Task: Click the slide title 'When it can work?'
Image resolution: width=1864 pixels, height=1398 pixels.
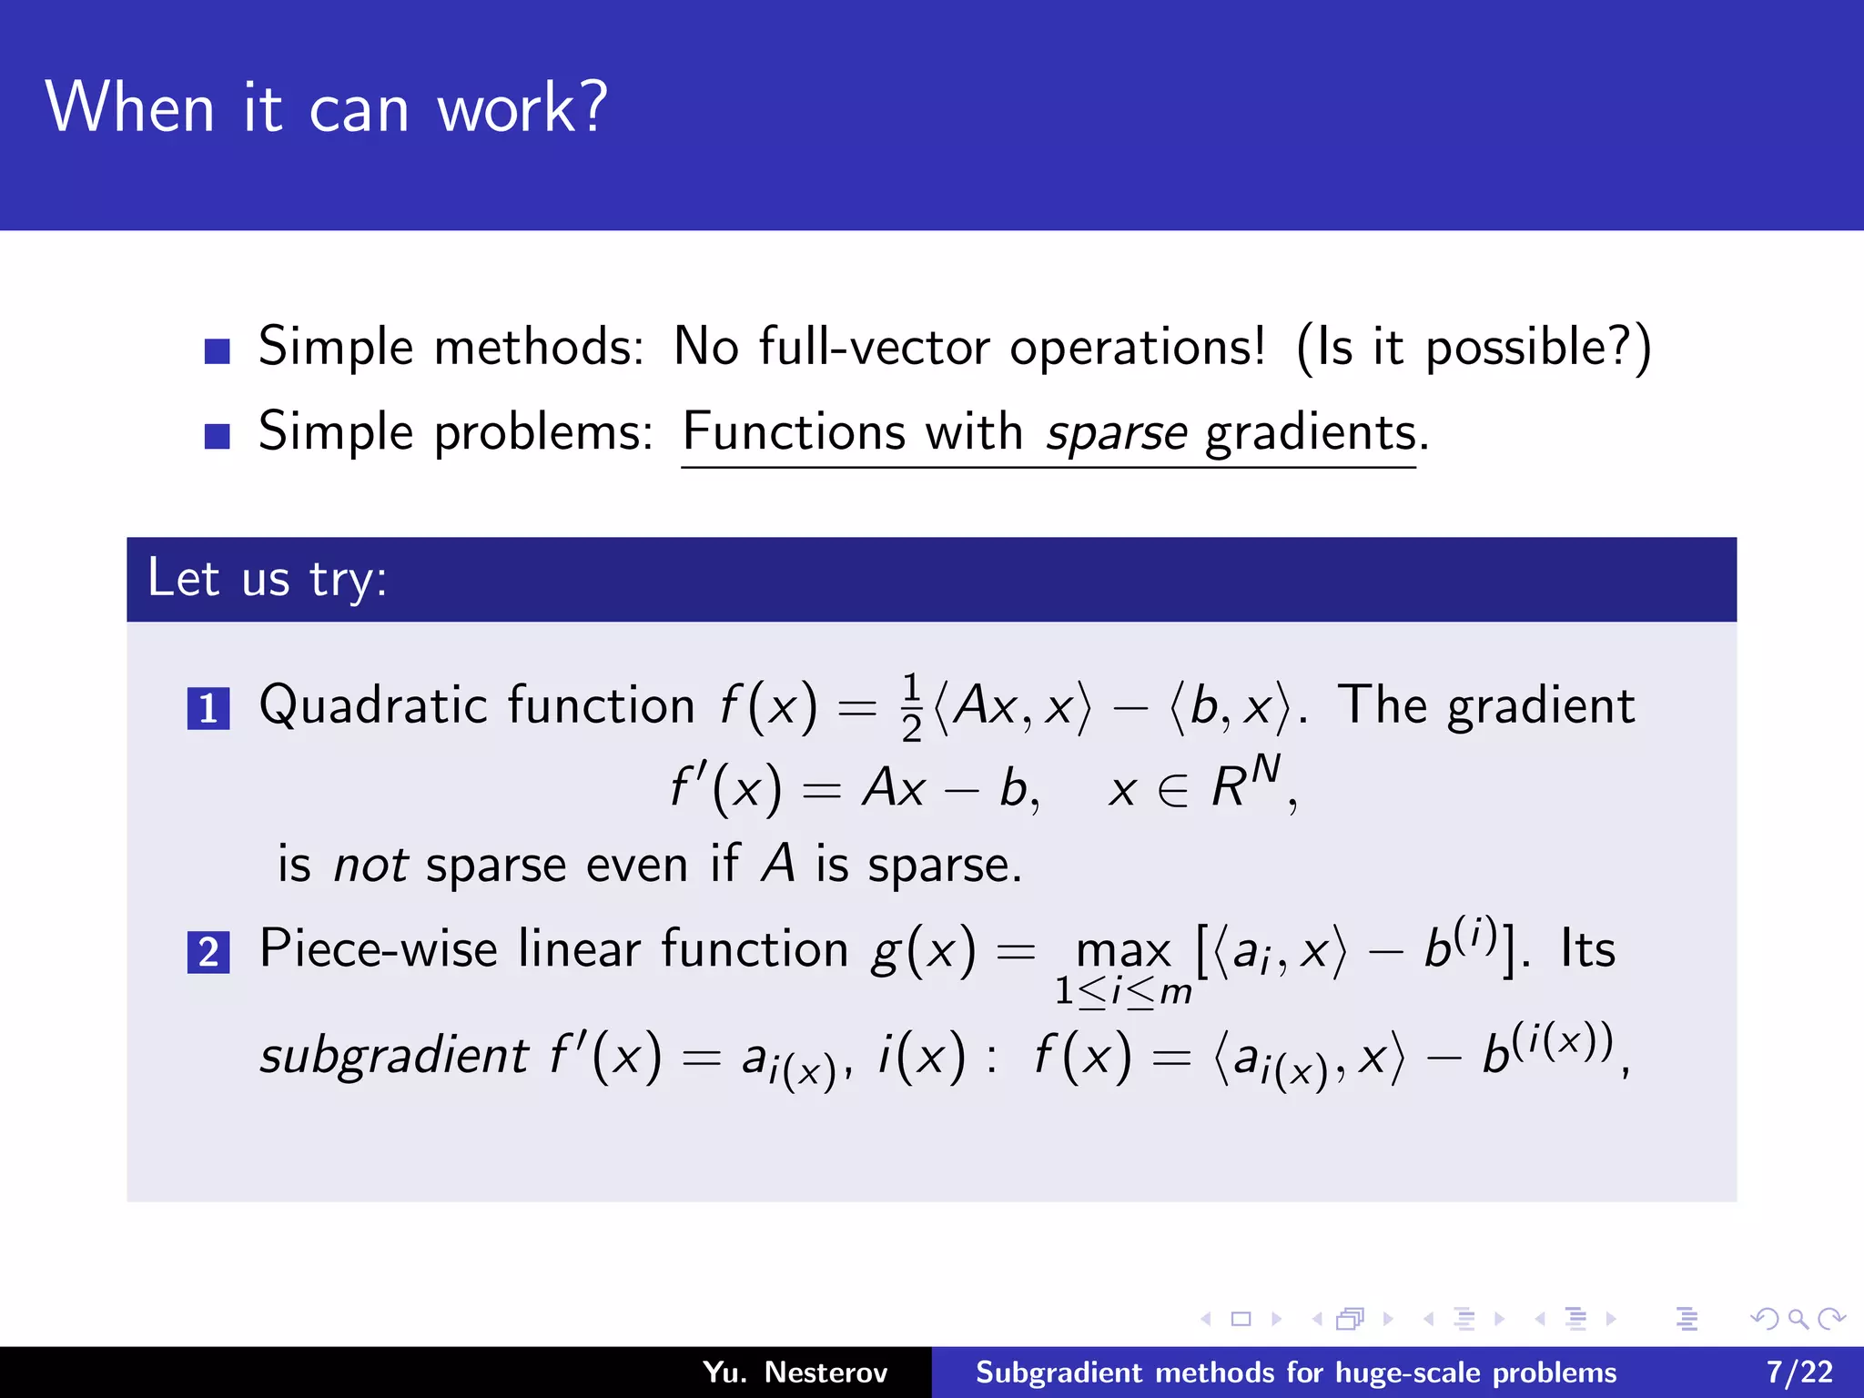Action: tap(326, 108)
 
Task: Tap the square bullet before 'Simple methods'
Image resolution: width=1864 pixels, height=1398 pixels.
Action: tap(217, 350)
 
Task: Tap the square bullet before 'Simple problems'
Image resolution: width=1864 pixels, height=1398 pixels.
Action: tap(217, 436)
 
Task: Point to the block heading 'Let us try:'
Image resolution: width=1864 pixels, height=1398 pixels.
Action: tap(268, 579)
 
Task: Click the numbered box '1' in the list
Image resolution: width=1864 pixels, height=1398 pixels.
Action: tap(208, 709)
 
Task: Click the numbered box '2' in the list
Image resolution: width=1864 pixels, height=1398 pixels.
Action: tap(208, 952)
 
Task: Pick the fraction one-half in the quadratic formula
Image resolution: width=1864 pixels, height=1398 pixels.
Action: tap(911, 708)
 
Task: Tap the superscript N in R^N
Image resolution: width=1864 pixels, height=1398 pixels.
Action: tap(1264, 771)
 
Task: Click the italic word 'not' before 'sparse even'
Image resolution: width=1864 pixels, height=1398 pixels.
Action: tap(370, 865)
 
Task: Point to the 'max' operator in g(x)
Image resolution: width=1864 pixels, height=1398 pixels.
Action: tap(1123, 951)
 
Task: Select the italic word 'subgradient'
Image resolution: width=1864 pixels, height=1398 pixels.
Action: tap(393, 1057)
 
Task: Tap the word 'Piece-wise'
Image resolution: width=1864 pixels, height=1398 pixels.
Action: tap(379, 949)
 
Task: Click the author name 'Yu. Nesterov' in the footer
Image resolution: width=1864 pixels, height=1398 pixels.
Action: tap(795, 1373)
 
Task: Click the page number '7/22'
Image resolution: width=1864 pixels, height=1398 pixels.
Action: tap(1799, 1373)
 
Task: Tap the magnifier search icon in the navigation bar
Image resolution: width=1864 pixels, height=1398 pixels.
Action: tap(1798, 1319)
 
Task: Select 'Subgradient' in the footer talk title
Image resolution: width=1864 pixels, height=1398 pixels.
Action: tap(1059, 1373)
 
